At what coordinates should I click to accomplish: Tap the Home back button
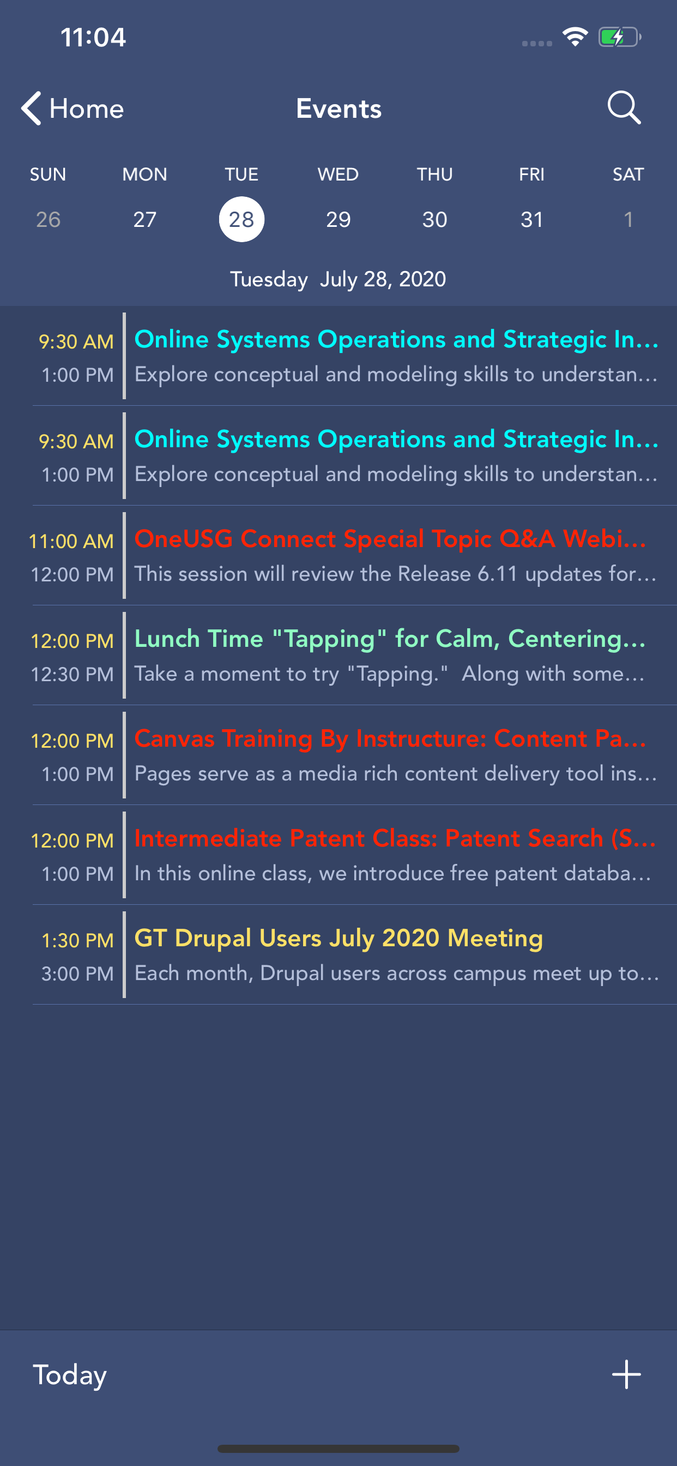point(72,108)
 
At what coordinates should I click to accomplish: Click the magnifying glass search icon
point(624,107)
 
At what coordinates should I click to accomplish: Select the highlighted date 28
point(241,219)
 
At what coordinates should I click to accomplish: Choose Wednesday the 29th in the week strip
point(338,220)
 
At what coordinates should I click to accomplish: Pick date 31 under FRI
point(532,220)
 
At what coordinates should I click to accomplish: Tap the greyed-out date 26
point(49,220)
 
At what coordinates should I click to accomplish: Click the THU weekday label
point(434,174)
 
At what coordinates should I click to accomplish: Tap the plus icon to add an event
point(626,1374)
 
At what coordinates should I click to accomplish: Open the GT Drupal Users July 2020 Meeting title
point(338,938)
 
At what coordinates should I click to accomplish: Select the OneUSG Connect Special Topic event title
point(390,538)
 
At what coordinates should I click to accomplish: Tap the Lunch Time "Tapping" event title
point(390,639)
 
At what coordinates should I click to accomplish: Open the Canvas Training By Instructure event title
point(390,738)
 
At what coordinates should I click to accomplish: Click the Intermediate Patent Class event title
point(395,838)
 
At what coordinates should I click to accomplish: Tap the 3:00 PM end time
point(78,974)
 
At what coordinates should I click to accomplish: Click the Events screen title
point(338,109)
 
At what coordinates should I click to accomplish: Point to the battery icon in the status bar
point(620,38)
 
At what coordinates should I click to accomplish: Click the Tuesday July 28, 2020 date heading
point(338,279)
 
